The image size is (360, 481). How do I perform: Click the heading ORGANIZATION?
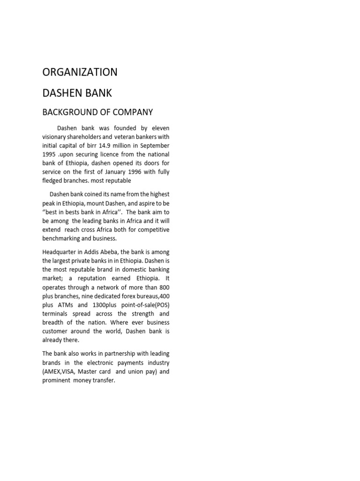click(80, 72)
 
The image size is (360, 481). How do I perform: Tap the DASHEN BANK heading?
click(77, 93)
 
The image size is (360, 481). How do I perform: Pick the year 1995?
click(50, 155)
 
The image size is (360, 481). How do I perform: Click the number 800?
click(164, 287)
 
